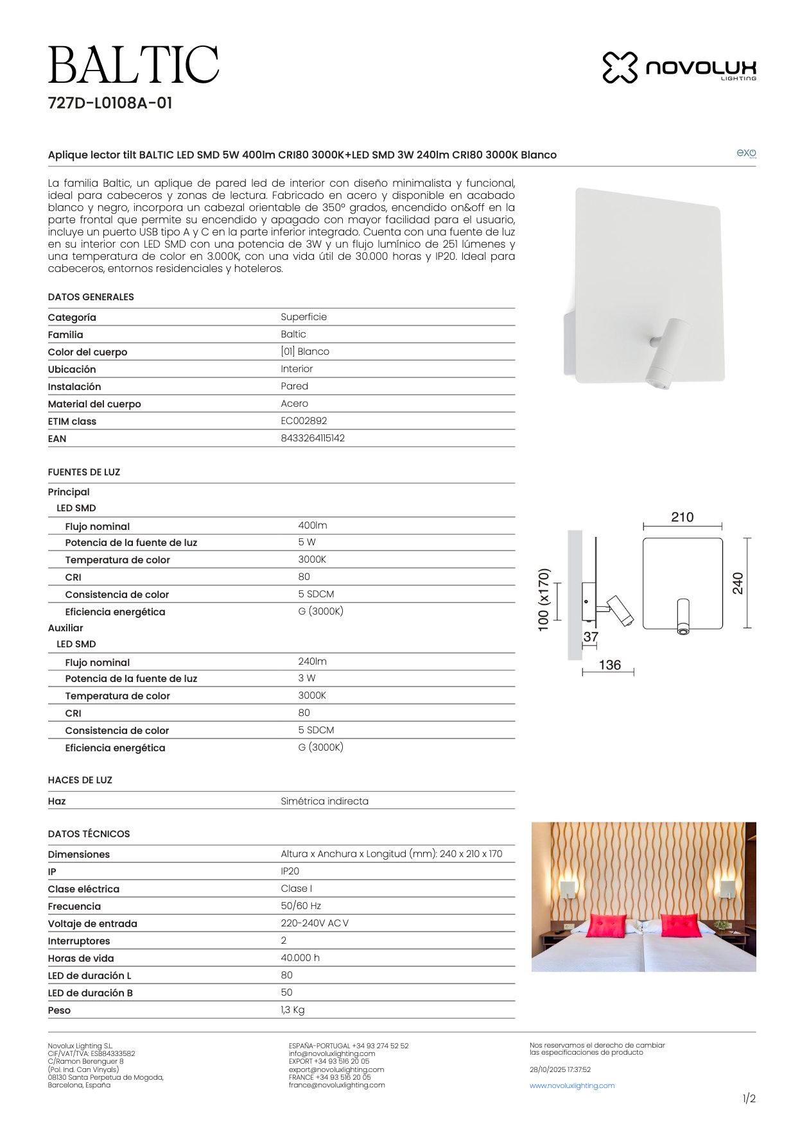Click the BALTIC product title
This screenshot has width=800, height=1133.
click(x=134, y=65)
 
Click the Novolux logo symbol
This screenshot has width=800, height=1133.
click(x=620, y=67)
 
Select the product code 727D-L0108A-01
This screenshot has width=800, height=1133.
click(x=110, y=103)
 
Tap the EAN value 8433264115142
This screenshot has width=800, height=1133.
click(x=313, y=438)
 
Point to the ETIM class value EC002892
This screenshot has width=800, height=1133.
click(x=304, y=421)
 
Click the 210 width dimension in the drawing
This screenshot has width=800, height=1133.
click(x=682, y=517)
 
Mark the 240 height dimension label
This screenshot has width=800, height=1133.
click(x=738, y=583)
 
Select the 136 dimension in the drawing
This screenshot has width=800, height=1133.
click(x=609, y=665)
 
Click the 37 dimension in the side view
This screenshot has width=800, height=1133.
click(x=591, y=637)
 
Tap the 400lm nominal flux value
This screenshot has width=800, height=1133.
click(x=313, y=525)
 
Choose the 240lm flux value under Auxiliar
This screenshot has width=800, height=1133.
click(x=312, y=661)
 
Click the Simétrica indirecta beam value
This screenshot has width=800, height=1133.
click(x=324, y=801)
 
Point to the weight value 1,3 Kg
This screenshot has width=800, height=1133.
click(x=293, y=1010)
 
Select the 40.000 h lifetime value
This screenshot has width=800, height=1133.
click(x=300, y=958)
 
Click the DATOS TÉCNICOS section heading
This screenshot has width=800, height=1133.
click(x=89, y=834)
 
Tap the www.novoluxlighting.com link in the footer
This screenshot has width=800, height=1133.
click(x=571, y=1086)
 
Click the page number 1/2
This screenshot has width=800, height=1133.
click(x=749, y=1098)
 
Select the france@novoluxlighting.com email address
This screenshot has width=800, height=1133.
click(x=336, y=1085)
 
